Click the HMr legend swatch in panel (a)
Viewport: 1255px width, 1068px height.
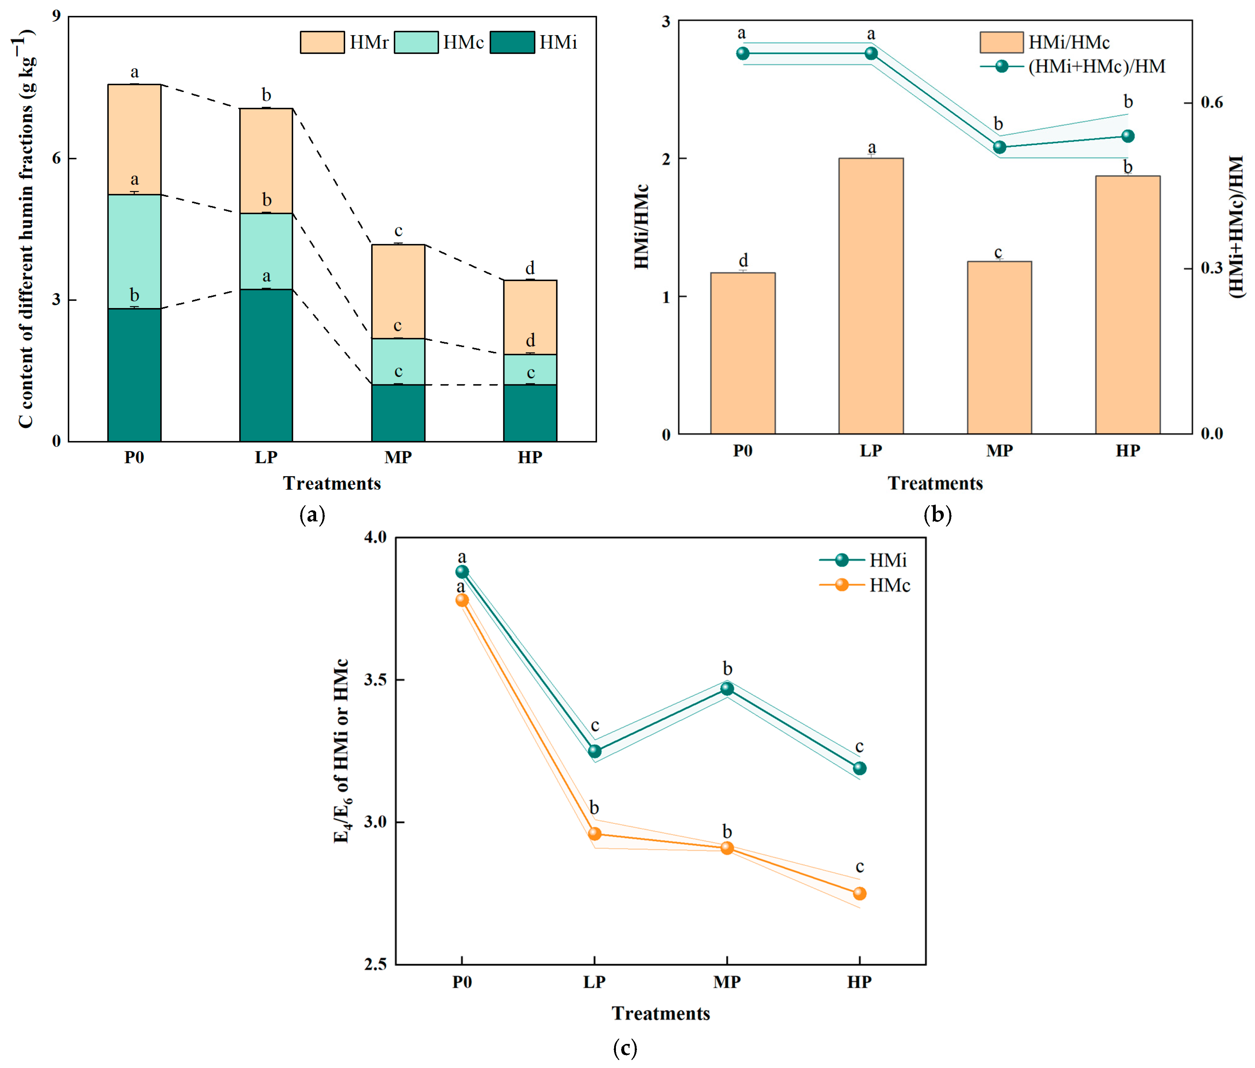[x=322, y=42]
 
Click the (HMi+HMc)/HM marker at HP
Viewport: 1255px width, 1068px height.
[x=1127, y=136]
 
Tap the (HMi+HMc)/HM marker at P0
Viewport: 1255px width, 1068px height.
[x=743, y=53]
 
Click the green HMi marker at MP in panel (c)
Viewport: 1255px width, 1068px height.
[x=727, y=688]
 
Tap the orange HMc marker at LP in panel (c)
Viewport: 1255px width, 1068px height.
[x=595, y=834]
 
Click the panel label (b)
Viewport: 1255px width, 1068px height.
[x=938, y=515]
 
